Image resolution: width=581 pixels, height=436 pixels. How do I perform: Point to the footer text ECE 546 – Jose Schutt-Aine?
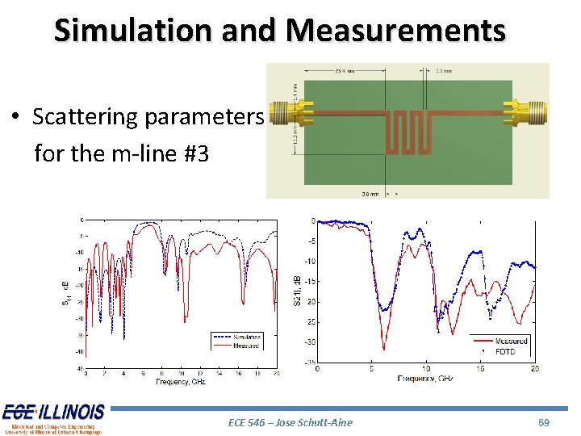(290, 421)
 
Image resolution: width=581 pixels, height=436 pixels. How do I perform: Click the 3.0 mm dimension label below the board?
(369, 194)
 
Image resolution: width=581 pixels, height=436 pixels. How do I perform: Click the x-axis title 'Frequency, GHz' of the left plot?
(181, 381)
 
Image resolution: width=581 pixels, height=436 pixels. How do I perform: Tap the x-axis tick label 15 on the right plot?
(480, 369)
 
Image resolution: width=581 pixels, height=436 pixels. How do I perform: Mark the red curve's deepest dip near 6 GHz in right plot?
(383, 349)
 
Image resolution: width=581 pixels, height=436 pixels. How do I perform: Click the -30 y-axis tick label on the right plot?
(310, 342)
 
